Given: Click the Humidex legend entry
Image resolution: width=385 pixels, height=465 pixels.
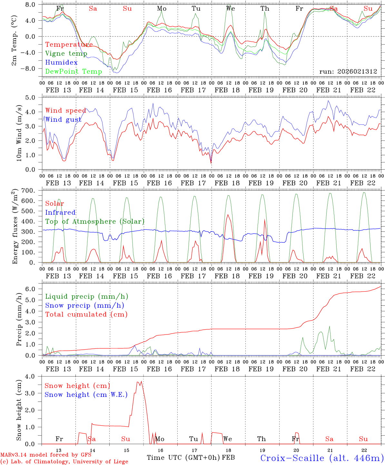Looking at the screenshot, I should click(61, 63).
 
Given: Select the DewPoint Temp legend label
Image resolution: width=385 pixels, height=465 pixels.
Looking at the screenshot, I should click(74, 72).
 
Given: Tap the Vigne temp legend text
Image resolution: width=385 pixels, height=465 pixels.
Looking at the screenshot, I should click(66, 54).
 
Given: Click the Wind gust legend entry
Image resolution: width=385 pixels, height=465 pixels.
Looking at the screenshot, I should click(63, 119).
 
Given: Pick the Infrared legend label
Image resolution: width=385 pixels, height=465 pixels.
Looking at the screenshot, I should click(60, 212).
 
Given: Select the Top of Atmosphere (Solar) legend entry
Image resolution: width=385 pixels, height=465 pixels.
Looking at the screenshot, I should click(94, 222).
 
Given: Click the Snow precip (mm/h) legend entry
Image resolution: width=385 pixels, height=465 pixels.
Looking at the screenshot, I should click(84, 305).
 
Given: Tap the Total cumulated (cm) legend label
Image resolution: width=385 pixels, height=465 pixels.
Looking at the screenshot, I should click(86, 314).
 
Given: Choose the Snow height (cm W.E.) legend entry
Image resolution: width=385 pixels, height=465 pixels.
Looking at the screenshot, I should click(86, 395).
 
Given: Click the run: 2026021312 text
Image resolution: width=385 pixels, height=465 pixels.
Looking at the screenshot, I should click(348, 72).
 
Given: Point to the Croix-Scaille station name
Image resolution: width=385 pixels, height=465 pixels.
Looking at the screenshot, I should click(321, 458).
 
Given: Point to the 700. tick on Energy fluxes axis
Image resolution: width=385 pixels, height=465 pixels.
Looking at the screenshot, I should click(32, 191).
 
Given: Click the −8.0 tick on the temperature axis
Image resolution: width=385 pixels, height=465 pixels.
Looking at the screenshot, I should click(33, 68).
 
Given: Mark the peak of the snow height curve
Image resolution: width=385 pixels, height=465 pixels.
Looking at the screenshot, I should click(141, 381).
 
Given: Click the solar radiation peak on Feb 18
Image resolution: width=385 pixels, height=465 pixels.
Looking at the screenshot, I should click(228, 215).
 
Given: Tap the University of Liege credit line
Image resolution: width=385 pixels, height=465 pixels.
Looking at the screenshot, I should click(64, 462).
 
